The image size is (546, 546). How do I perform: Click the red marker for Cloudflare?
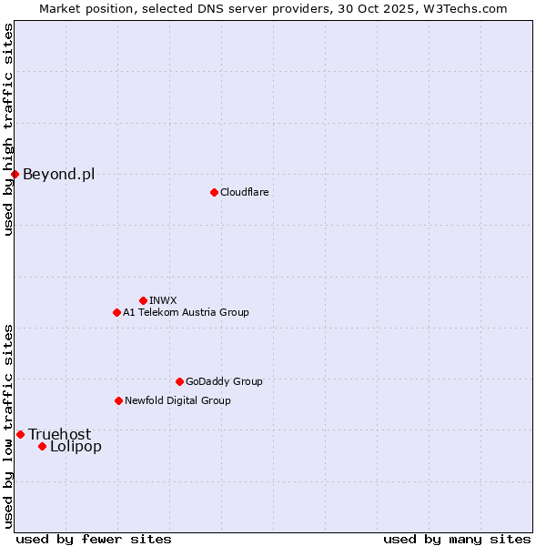[214, 192]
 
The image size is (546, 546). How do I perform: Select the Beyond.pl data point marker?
[15, 174]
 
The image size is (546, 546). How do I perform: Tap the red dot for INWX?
[143, 300]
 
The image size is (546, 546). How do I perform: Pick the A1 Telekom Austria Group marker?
[116, 312]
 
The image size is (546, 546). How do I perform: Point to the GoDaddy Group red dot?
[179, 381]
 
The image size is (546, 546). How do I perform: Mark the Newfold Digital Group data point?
[118, 400]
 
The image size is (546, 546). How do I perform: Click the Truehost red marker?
[20, 434]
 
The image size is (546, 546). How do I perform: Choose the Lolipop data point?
[42, 446]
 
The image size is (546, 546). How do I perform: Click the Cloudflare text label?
[244, 192]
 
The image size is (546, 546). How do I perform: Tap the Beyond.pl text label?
[58, 174]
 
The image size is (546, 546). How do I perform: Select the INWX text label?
[163, 300]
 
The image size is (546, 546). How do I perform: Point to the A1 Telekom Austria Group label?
[186, 312]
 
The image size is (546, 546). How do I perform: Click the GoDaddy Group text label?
[224, 381]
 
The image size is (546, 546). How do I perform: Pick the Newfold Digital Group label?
[177, 400]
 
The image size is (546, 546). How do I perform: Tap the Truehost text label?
[59, 434]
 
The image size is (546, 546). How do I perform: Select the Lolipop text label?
[76, 446]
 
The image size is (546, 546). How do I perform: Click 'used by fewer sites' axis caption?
[94, 539]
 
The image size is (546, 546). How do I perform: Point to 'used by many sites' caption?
[457, 539]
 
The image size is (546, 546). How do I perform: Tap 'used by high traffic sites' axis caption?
[8, 129]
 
